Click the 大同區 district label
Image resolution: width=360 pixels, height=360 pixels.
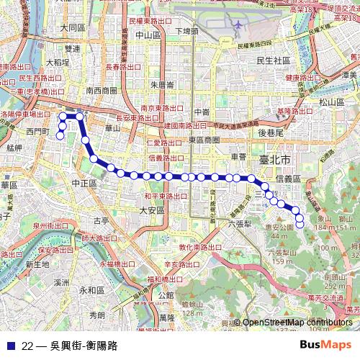[x=73, y=28]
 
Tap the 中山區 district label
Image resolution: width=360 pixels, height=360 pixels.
[x=147, y=35]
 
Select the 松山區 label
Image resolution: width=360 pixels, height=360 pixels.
[x=332, y=102]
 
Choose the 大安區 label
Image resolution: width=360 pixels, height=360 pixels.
[x=152, y=210]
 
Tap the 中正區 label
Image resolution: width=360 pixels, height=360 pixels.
[x=84, y=184]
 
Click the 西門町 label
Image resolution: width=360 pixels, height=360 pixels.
[x=37, y=132]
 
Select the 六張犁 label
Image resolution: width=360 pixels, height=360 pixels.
[x=238, y=224]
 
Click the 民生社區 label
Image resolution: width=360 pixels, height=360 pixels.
[x=273, y=60]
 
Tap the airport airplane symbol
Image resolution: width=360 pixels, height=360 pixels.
[x=237, y=24]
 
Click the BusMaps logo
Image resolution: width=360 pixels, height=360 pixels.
[x=325, y=345]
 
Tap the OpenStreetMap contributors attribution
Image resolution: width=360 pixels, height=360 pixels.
[x=297, y=323]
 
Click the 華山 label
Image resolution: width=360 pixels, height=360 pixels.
[x=112, y=128]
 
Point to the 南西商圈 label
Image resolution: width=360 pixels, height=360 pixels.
[x=101, y=91]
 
